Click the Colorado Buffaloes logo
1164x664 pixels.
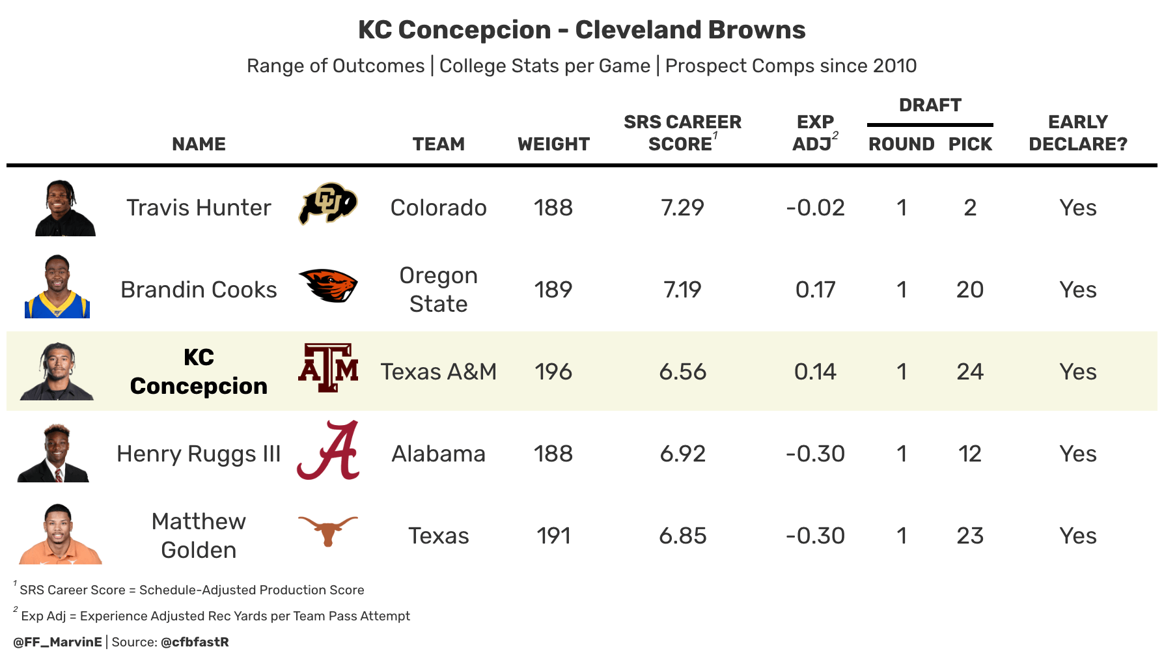click(328, 204)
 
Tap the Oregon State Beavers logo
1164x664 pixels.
click(328, 286)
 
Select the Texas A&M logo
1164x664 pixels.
click(328, 368)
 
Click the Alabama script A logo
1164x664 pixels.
click(328, 450)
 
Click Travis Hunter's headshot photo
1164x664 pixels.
click(65, 208)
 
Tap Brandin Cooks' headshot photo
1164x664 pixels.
click(57, 286)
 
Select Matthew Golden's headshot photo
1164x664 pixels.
click(60, 534)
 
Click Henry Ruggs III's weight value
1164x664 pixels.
click(553, 454)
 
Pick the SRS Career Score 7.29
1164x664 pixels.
click(682, 208)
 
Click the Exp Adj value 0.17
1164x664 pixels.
click(815, 290)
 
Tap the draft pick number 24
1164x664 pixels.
click(970, 372)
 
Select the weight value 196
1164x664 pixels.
click(553, 372)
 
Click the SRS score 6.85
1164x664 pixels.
click(682, 536)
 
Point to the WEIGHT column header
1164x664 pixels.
click(553, 144)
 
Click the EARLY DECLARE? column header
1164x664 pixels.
click(1078, 133)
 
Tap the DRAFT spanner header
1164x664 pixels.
click(930, 105)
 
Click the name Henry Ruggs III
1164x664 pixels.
click(199, 454)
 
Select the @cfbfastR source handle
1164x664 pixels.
click(195, 642)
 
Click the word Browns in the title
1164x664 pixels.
click(756, 30)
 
